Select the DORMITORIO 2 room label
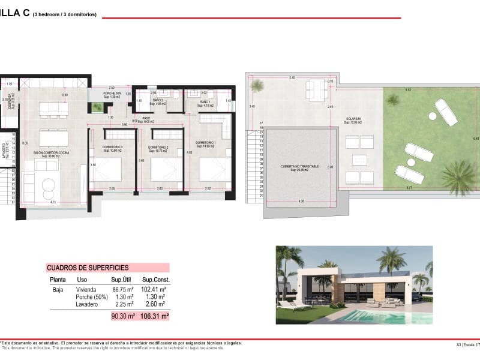pos(159,148)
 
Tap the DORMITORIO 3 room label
pos(112,148)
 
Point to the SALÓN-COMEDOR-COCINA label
pos(51,154)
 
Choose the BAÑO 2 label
pos(158,103)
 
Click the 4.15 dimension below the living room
pos(53,202)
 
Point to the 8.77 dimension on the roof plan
pos(409,188)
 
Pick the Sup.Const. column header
pos(155,280)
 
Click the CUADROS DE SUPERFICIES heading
pos(87,268)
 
